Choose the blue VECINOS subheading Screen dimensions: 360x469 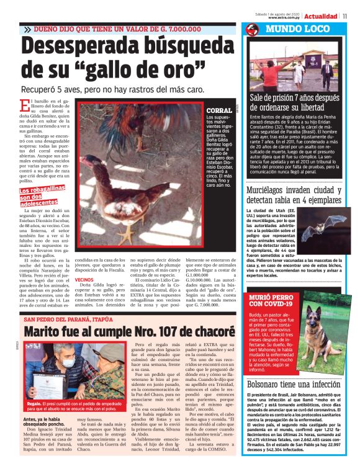point(84,262)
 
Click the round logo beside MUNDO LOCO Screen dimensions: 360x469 point(252,30)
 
